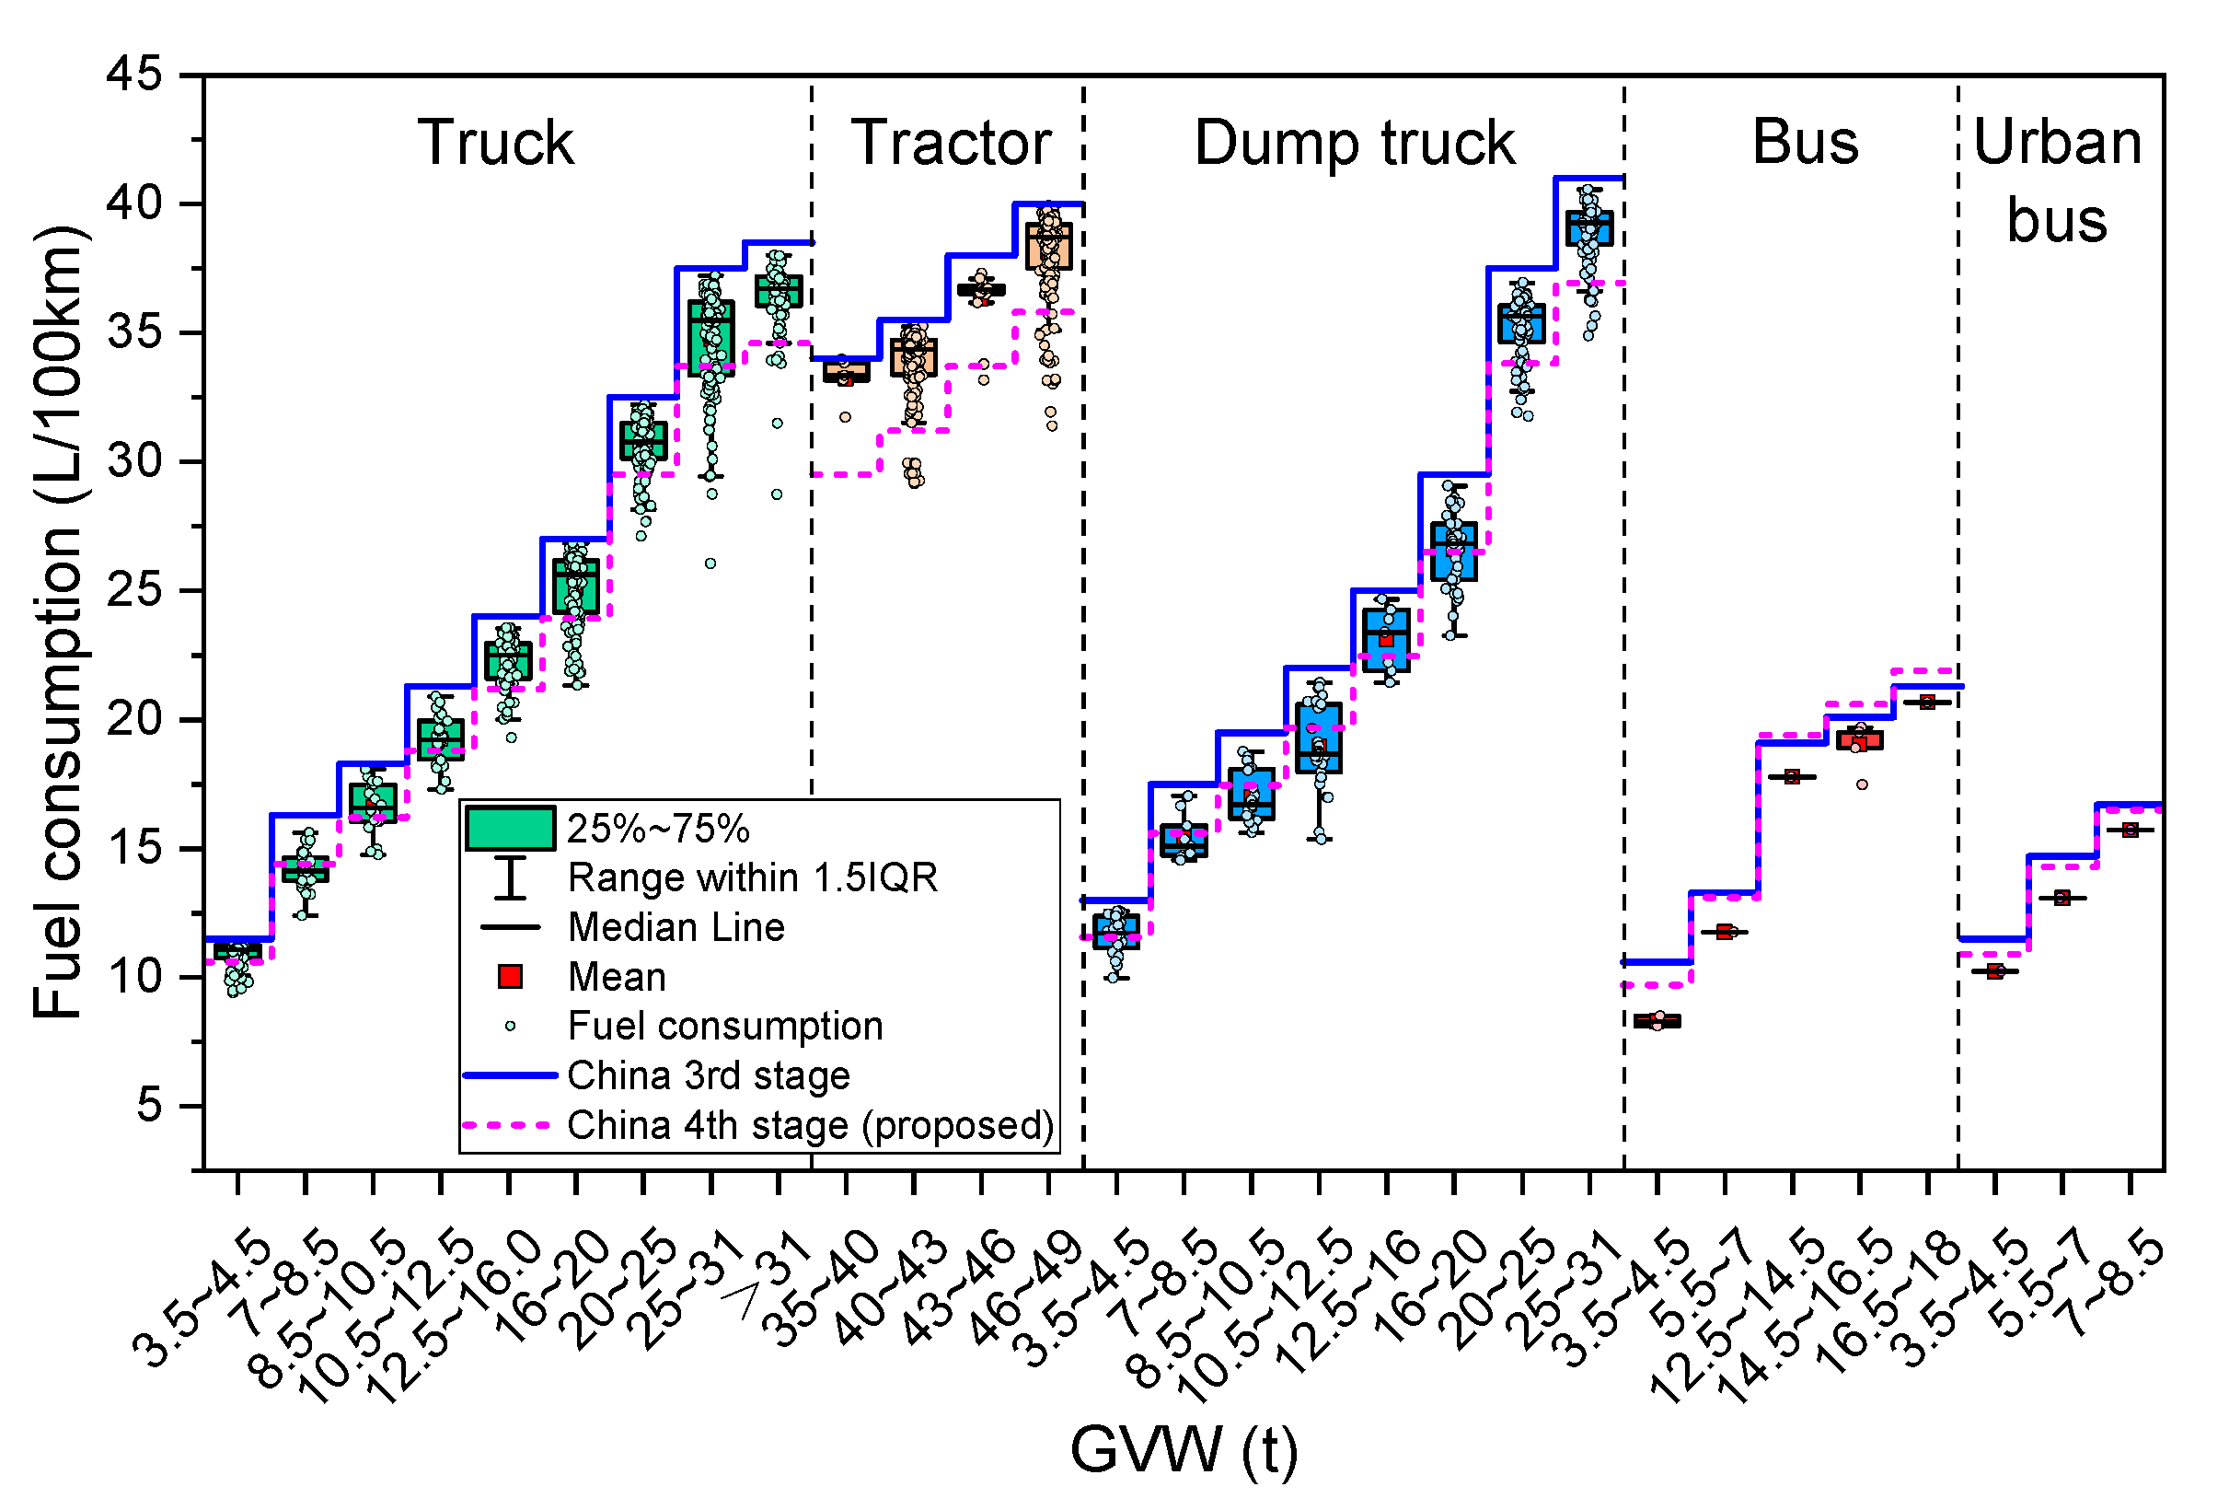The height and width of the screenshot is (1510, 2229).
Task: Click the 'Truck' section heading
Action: [x=496, y=143]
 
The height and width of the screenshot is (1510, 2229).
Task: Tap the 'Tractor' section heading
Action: [x=951, y=143]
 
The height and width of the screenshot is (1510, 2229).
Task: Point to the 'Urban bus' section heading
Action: [x=2056, y=181]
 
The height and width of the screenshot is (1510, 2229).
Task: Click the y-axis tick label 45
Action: [x=133, y=75]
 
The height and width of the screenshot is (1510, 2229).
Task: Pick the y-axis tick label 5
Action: [x=150, y=1105]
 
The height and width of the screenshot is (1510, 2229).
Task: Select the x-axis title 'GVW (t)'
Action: [x=1184, y=1448]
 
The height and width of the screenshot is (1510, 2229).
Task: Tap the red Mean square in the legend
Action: [x=510, y=977]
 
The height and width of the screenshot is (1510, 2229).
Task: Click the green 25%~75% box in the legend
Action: [x=510, y=828]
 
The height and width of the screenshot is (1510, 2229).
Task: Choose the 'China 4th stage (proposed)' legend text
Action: [x=811, y=1124]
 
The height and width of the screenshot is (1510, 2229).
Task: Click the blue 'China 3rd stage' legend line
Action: [x=510, y=1075]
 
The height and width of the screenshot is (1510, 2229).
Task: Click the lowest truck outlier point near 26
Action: [x=710, y=563]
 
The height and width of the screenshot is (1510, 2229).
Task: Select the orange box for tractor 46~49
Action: [x=1049, y=246]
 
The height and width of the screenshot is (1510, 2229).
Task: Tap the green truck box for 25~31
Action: [x=710, y=338]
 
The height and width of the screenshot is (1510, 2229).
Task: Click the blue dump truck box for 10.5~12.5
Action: [x=1319, y=738]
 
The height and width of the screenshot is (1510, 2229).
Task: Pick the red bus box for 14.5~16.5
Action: [x=1860, y=739]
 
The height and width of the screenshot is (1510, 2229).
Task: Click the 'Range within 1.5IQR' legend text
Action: [x=752, y=877]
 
